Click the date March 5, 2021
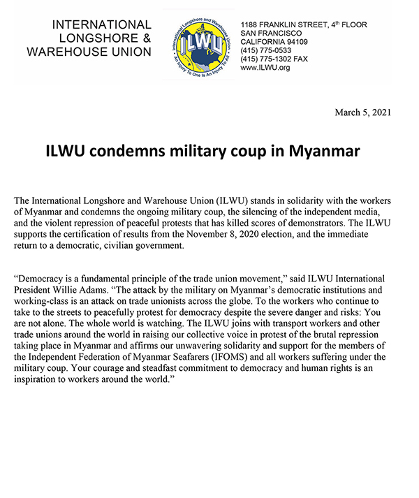click(x=363, y=112)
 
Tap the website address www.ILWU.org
click(x=265, y=68)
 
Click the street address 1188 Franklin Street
click(x=303, y=25)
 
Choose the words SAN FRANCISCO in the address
click(x=271, y=34)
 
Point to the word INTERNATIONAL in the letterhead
click(x=101, y=25)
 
